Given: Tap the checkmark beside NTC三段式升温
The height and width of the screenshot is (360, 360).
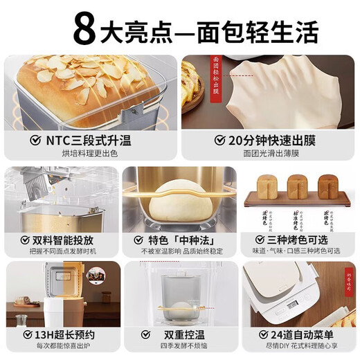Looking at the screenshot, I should click(x=32, y=141).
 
